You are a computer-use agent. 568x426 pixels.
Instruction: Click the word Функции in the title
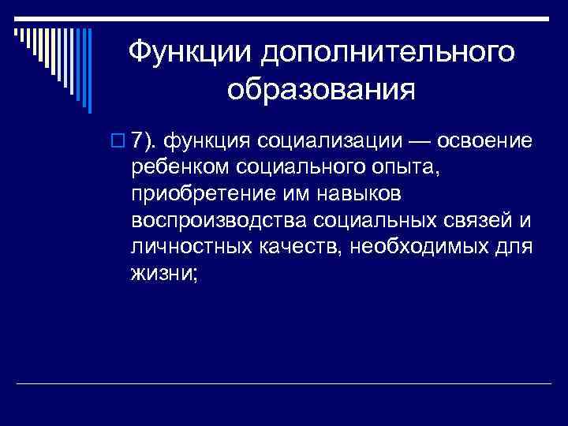[187, 54]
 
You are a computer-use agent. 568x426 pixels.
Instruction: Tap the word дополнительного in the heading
[386, 54]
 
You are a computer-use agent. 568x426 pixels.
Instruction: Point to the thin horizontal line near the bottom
[284, 383]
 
